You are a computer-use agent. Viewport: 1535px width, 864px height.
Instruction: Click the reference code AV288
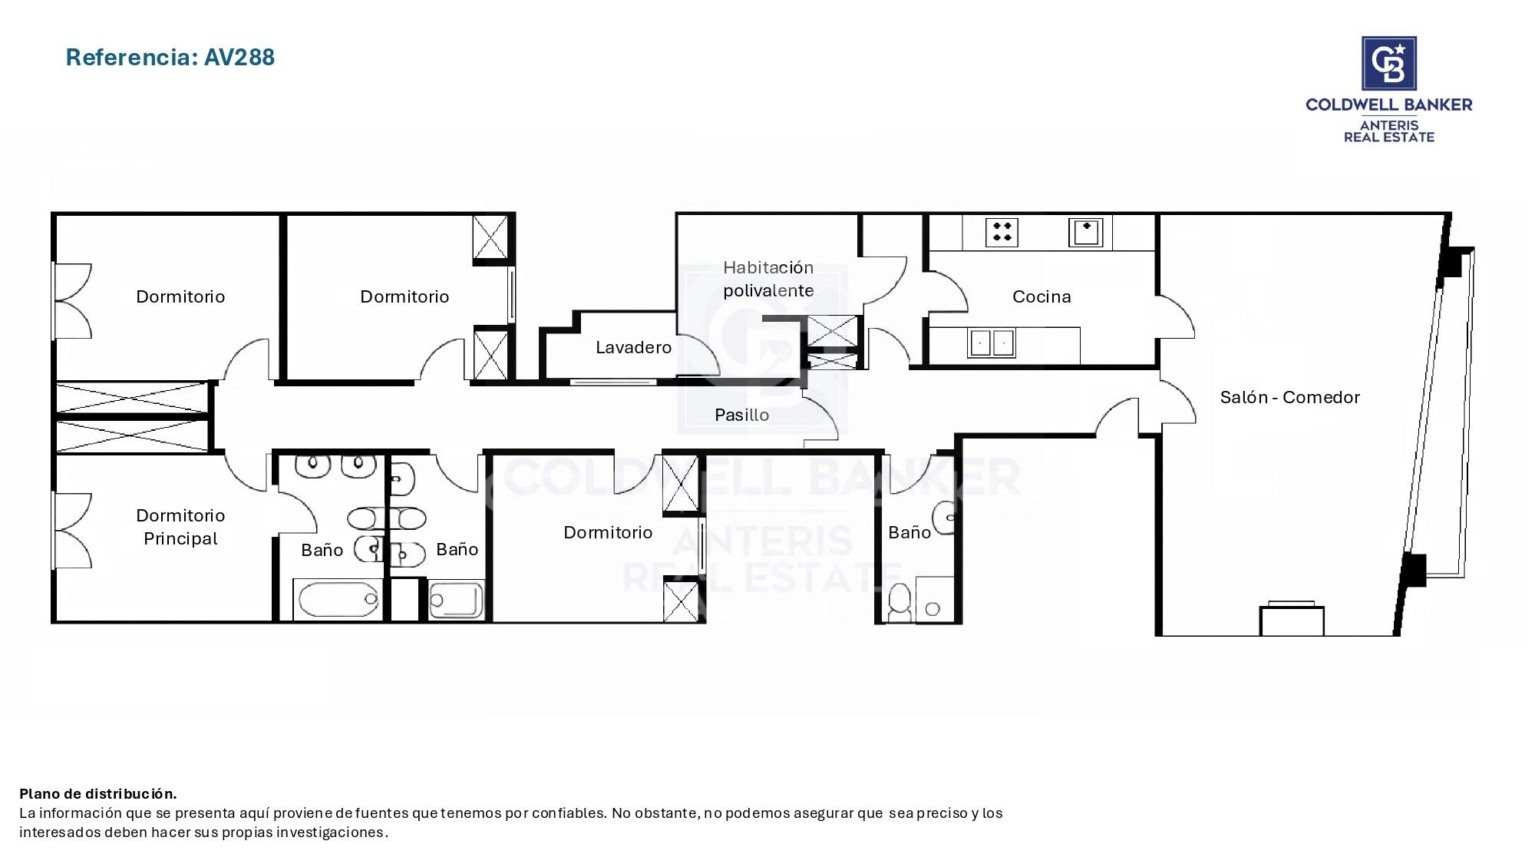(239, 57)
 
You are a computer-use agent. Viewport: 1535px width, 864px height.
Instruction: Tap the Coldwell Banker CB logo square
(1388, 64)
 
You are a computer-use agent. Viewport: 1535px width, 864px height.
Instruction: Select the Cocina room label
(1041, 296)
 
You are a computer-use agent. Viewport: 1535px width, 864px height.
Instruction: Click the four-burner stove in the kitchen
(1002, 232)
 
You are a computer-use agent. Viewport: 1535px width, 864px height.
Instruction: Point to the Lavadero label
(633, 347)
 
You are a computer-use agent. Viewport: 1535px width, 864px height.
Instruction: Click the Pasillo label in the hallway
(741, 415)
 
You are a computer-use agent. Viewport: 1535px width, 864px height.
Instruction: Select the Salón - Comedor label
(1289, 397)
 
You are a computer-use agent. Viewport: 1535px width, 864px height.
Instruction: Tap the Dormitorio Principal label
(180, 527)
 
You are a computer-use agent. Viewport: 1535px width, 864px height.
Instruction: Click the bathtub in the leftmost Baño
(338, 599)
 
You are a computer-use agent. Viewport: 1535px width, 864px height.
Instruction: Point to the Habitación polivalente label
(768, 279)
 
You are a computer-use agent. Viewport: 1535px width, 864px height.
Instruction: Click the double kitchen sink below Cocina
(992, 343)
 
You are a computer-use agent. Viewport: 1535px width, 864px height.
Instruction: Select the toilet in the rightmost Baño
(900, 602)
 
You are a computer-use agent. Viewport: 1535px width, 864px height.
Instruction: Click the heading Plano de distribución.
(98, 793)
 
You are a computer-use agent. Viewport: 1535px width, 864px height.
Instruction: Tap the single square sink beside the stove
(1085, 232)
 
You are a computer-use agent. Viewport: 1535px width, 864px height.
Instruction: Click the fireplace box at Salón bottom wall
(1292, 620)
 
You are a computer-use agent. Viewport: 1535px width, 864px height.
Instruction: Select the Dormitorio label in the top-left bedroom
(180, 296)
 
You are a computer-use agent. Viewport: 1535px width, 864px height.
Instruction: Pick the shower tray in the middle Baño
(456, 600)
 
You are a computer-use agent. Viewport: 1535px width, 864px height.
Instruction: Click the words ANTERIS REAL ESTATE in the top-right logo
(1388, 131)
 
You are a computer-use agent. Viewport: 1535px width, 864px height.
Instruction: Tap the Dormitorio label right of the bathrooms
(608, 532)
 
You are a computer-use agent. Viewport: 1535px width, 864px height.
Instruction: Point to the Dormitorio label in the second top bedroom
(404, 296)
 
